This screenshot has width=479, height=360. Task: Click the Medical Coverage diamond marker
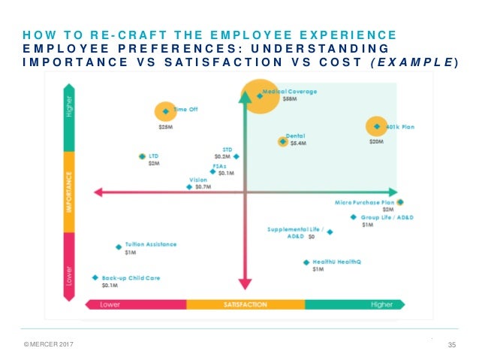(x=260, y=96)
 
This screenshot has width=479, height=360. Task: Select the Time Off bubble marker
(x=166, y=112)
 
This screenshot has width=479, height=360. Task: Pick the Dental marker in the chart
(x=282, y=141)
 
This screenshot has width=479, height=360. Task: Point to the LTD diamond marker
(x=142, y=156)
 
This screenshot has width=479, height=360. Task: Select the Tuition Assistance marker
(x=119, y=247)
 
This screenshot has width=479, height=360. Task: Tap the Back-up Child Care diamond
(x=95, y=277)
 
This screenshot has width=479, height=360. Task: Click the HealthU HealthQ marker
(x=306, y=262)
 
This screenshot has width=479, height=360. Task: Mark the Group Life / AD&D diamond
(x=354, y=217)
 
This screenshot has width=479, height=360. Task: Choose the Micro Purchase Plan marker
(x=400, y=202)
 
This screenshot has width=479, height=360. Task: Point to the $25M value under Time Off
(x=165, y=127)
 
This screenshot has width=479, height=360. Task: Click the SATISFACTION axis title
(x=245, y=304)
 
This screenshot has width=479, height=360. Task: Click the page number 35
(x=452, y=345)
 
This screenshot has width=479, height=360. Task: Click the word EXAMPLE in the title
(x=421, y=62)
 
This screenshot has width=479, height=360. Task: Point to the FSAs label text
(x=220, y=165)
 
